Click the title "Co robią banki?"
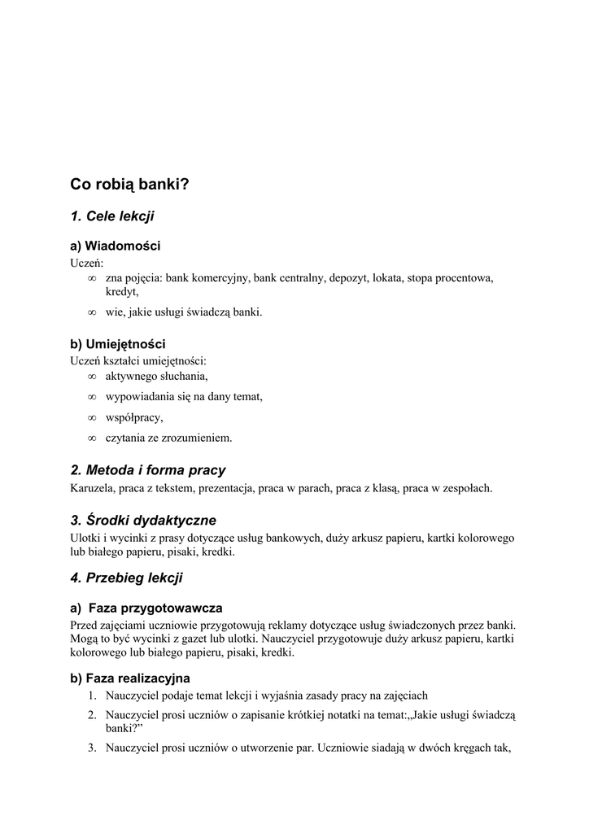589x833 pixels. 129,185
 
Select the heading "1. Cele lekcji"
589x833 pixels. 112,216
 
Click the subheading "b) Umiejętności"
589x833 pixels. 118,344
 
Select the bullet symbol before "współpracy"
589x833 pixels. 91,418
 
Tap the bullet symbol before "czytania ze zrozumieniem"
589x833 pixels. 91,438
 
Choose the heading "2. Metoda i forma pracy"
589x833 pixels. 148,470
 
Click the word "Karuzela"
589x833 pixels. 91,489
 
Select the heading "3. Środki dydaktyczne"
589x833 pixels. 143,520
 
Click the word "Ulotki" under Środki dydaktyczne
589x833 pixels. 85,538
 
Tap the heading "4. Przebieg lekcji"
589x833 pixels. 126,578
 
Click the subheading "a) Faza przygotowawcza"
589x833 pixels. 146,608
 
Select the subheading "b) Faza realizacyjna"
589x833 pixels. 130,678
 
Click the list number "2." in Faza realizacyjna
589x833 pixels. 93,715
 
